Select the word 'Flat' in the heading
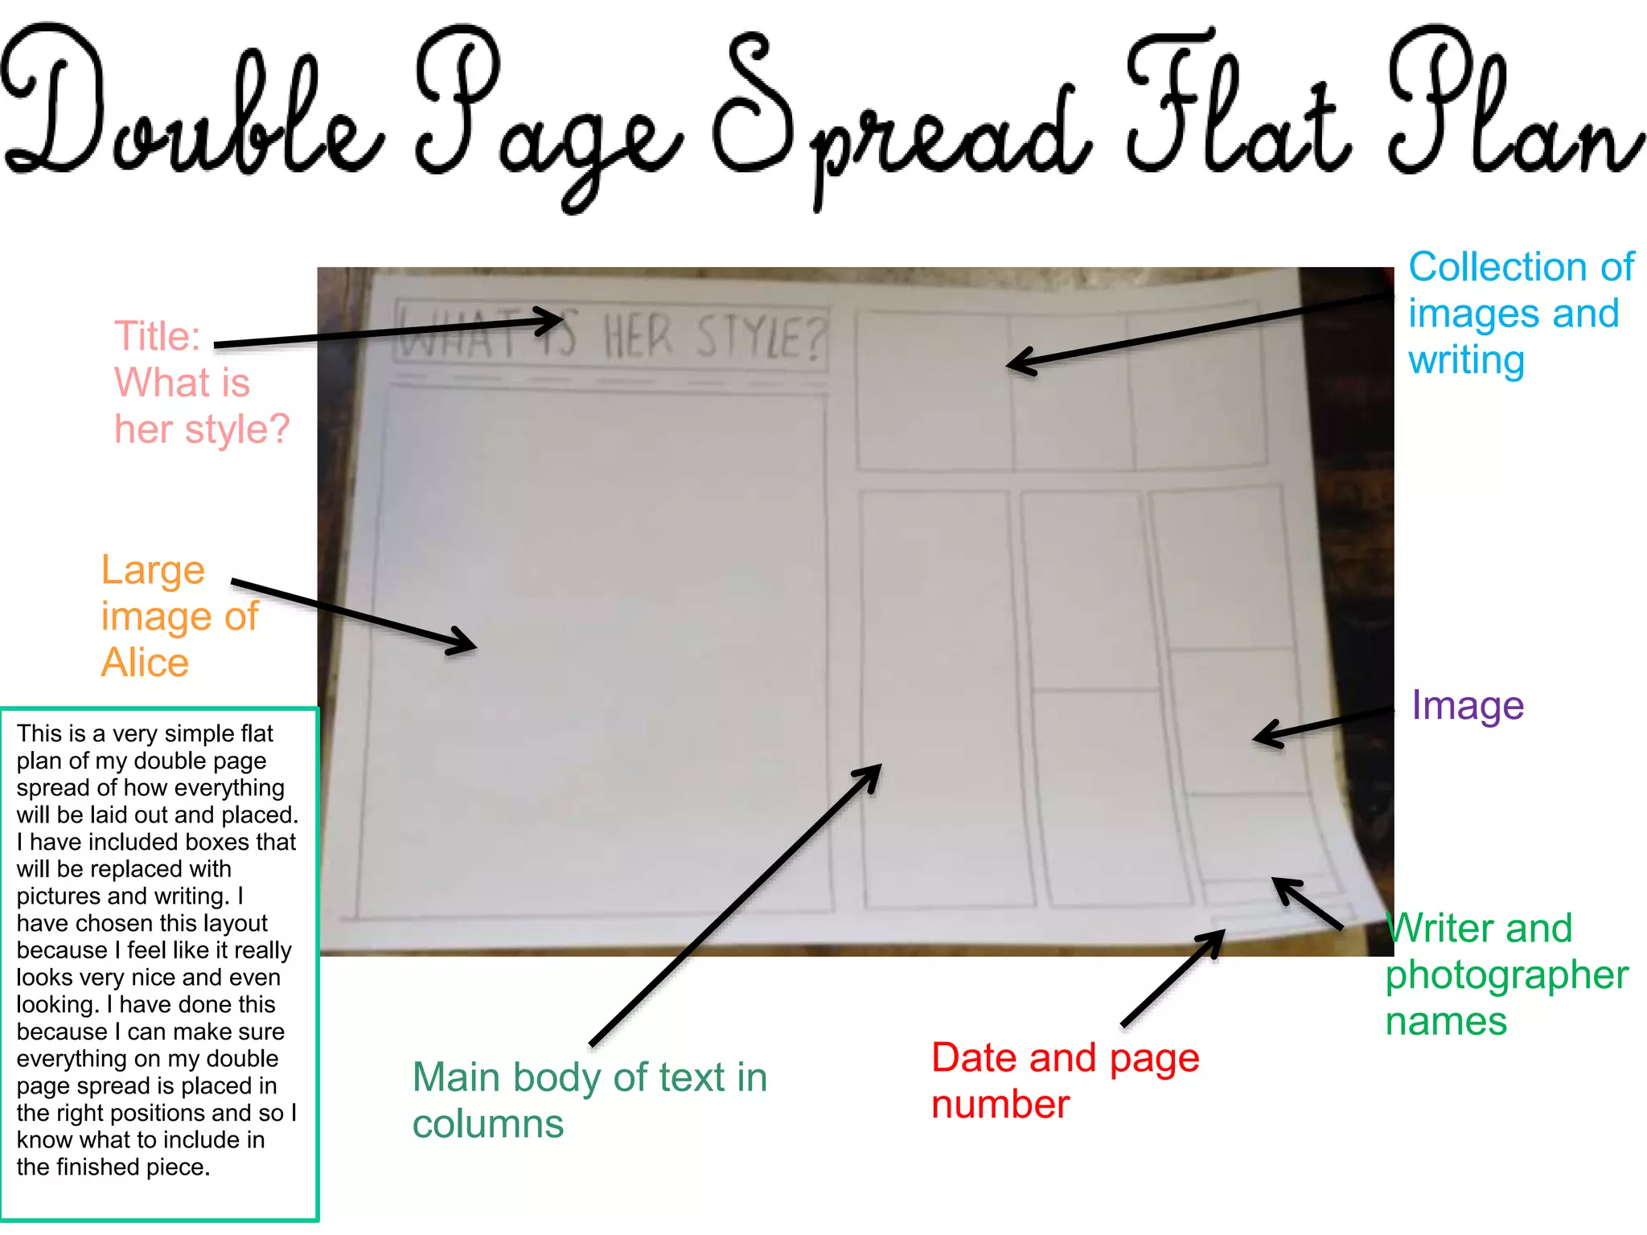1238,105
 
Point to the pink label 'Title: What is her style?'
201,383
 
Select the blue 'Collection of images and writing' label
1520,314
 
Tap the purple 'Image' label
1468,706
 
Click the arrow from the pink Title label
386,333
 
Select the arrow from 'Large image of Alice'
354,615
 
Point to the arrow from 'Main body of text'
736,905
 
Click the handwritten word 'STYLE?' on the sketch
760,338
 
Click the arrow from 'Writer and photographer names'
1308,905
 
